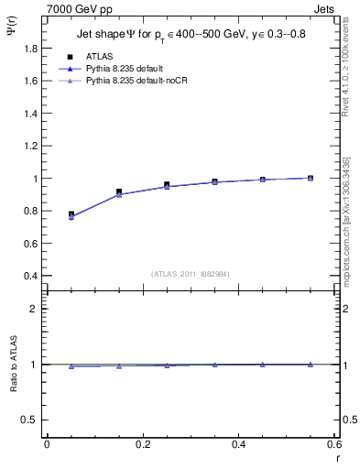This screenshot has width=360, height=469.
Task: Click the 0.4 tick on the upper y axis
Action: [x=31, y=277]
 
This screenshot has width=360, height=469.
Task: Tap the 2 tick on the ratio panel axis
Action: [x=34, y=309]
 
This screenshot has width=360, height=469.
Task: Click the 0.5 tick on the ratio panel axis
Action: [x=29, y=420]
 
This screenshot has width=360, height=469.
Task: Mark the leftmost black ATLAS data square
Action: [x=71, y=214]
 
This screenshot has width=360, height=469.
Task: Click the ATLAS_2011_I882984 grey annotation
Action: [x=191, y=273]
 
